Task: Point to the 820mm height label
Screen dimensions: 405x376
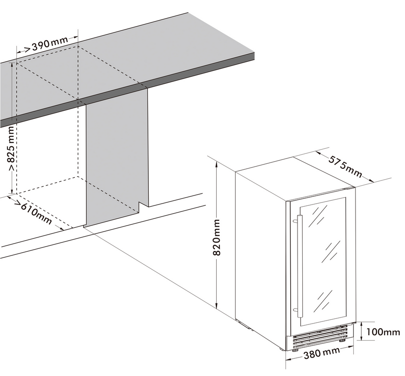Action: pyautogui.click(x=216, y=237)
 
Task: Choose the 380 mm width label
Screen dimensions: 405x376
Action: pyautogui.click(x=322, y=353)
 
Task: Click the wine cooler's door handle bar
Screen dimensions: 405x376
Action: pyautogui.click(x=300, y=266)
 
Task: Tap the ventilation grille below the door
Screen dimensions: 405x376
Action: pyautogui.click(x=320, y=336)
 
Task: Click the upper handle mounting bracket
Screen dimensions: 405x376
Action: pyautogui.click(x=295, y=221)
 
